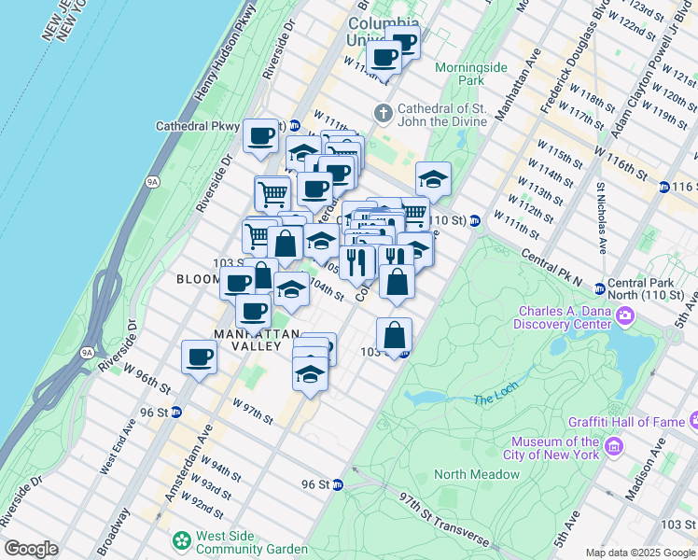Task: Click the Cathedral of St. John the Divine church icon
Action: pyautogui.click(x=383, y=114)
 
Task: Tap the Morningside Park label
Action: pyautogui.click(x=472, y=74)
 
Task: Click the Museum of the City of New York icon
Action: pyautogui.click(x=613, y=448)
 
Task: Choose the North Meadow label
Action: pyautogui.click(x=476, y=474)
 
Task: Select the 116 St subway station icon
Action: pyautogui.click(x=663, y=188)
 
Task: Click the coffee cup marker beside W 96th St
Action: pyautogui.click(x=199, y=357)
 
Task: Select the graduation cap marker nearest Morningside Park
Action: pyautogui.click(x=433, y=178)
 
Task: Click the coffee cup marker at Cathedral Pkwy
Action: pyautogui.click(x=260, y=136)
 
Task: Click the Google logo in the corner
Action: pyautogui.click(x=31, y=549)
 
